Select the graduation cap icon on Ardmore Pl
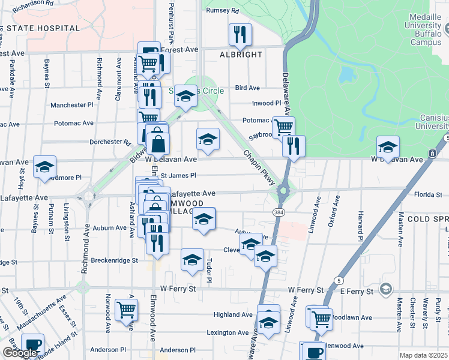coord(44,167)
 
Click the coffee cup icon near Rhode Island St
coord(32,346)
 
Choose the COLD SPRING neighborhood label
coord(427,220)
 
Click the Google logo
coord(19,353)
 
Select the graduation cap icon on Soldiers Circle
coord(186,97)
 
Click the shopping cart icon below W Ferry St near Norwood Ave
coord(126,310)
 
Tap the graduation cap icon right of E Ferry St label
coord(386,290)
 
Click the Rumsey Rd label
coord(222,11)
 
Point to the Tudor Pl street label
coord(209,271)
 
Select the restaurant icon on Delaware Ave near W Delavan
coord(294,145)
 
